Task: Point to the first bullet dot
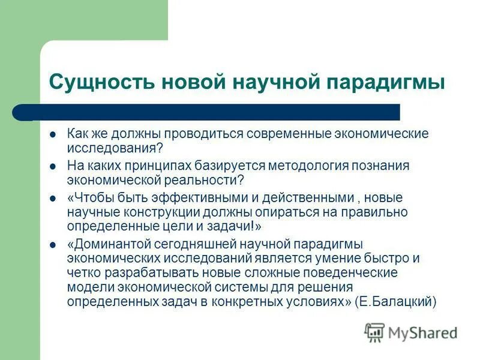(x=53, y=134)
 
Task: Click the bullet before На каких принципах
(x=53, y=166)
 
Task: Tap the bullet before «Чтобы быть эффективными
(x=53, y=198)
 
